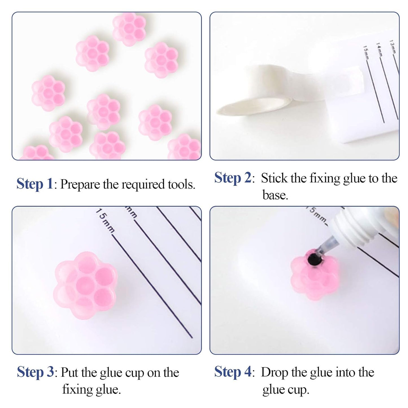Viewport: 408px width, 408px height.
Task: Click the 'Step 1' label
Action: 35,184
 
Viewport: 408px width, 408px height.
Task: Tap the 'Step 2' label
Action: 233,178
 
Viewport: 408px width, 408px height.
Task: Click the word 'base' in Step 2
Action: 274,195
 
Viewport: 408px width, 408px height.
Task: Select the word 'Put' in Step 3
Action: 70,372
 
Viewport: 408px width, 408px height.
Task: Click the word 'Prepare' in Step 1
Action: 80,185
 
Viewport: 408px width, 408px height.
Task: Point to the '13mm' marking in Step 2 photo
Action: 392,47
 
